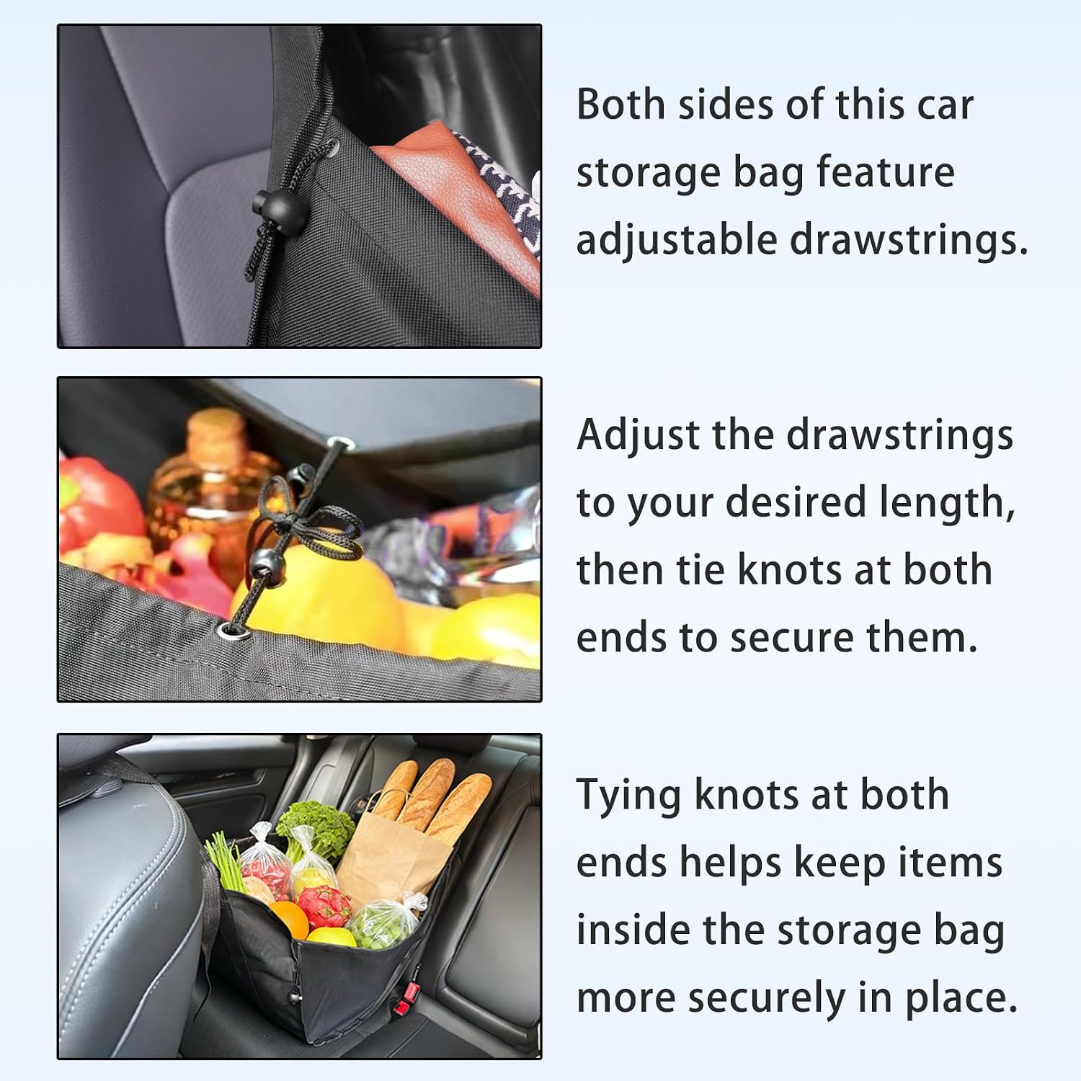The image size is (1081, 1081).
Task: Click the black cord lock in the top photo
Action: pos(270,205)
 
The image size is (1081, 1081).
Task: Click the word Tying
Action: pos(628,796)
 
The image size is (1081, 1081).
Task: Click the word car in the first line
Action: pos(945,106)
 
